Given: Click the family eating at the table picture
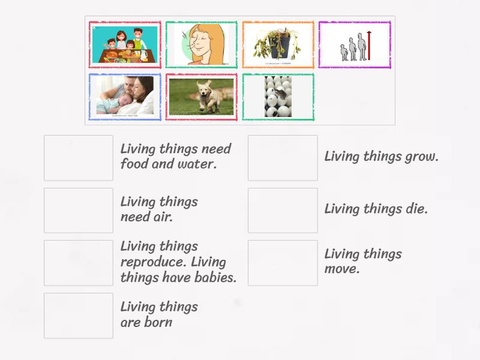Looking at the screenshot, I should click(125, 44).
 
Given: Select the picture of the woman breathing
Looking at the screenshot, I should click(202, 44).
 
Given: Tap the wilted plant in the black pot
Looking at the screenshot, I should click(278, 44).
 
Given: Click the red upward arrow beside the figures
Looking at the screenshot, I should click(370, 46).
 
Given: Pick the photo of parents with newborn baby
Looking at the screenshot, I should click(125, 97).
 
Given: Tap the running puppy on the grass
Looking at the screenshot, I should click(202, 97).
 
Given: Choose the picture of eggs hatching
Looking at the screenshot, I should click(278, 97).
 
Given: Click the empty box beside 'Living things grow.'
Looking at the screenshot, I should click(283, 158).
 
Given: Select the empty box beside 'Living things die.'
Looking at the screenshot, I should click(283, 210).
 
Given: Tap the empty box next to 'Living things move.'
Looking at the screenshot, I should click(283, 263).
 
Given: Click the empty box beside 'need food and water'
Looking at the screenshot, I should click(79, 158).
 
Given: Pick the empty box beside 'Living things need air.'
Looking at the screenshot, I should click(79, 210).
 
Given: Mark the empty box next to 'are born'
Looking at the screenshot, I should click(79, 316).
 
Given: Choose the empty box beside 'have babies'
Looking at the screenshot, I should click(79, 263).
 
